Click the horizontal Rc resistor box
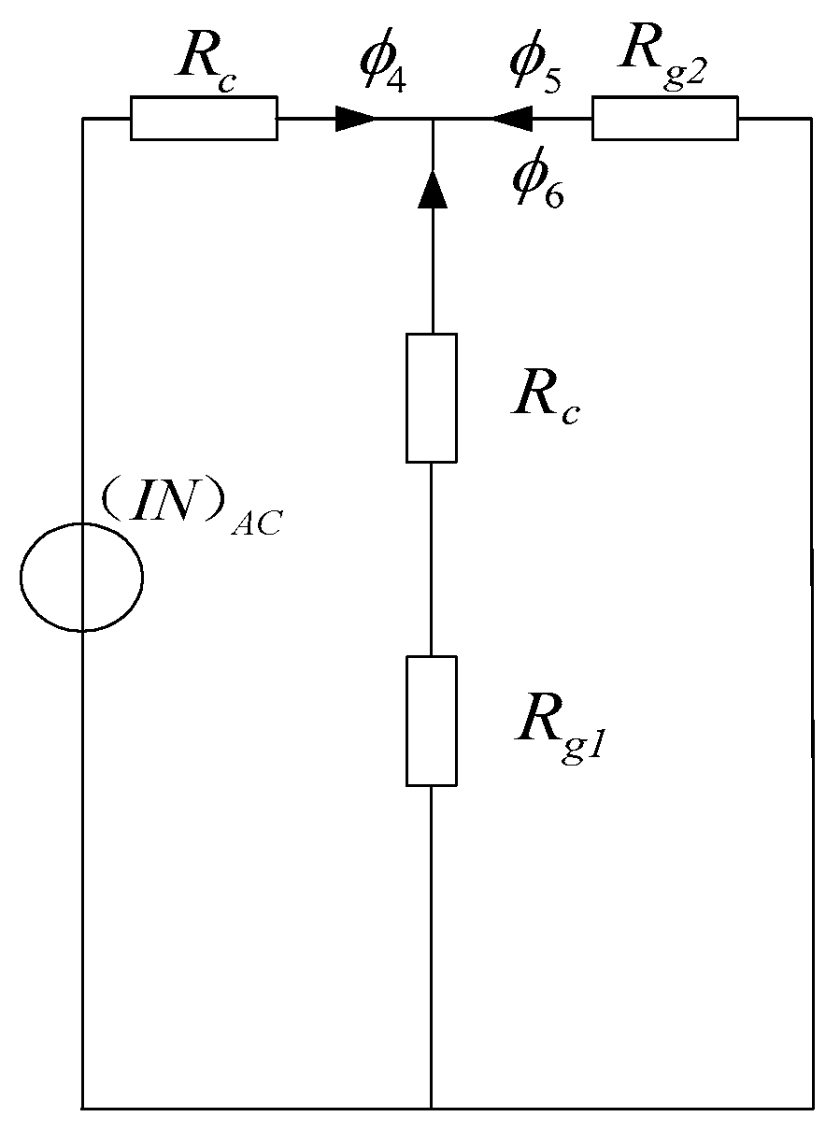pos(203,119)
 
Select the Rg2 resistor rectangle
pos(664,119)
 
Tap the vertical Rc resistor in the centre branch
pos(432,397)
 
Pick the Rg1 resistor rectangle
pos(432,720)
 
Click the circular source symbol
pos(81,577)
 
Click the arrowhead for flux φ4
pos(355,119)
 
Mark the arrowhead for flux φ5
pos(511,119)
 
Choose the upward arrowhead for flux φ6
pos(432,190)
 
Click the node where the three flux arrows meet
pos(432,119)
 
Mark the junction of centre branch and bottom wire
pos(432,1109)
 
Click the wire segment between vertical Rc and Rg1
pos(432,559)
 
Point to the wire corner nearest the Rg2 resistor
pos(811,119)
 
